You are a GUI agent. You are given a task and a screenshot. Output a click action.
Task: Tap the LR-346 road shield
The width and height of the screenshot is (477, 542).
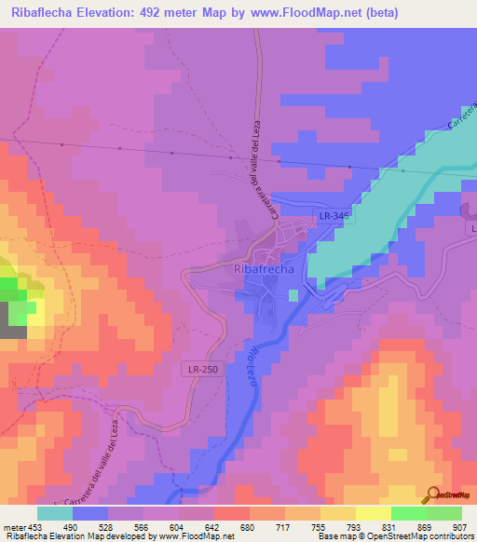coord(334,216)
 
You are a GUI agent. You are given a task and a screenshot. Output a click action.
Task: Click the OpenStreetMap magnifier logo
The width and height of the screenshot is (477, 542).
coord(432,495)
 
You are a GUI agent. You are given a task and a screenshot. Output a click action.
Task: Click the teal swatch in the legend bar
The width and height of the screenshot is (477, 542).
coord(55,513)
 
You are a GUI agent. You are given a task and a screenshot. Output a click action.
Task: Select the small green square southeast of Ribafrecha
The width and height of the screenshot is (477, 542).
coord(293,295)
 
